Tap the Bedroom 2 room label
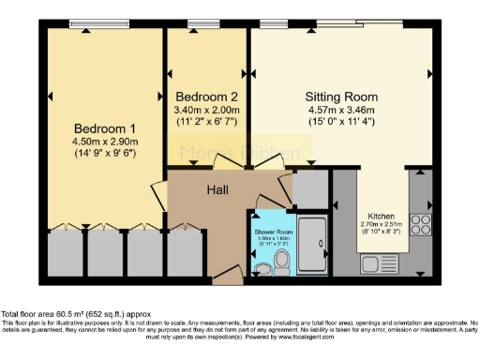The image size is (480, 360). pos(208,97)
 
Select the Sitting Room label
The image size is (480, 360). pos(341,97)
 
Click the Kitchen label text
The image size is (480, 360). pos(381,215)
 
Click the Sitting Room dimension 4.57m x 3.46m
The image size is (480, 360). pos(341,109)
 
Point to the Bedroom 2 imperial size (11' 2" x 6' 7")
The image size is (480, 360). pos(208,121)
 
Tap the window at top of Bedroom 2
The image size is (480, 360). pos(201,23)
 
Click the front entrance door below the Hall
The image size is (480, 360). pos(225,277)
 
